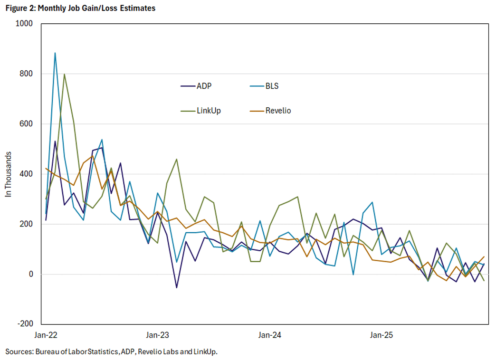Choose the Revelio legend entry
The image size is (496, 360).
click(277, 111)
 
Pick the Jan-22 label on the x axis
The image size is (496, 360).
click(46, 335)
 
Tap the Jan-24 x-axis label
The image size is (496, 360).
click(269, 335)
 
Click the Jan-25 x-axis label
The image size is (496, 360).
click(382, 335)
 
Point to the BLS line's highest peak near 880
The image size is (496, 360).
click(55, 53)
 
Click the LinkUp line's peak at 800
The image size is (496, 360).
click(64, 74)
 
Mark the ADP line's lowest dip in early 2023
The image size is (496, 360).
click(177, 287)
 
